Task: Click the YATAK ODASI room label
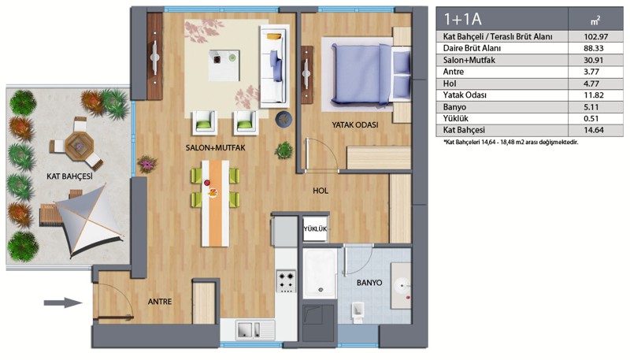pos(355,125)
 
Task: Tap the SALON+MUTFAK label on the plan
pos(215,148)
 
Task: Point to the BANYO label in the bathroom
pos(369,283)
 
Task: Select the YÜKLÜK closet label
pos(315,229)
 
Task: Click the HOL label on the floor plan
pos(321,191)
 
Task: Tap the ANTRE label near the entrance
pos(160,302)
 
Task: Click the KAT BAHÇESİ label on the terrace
pos(69,176)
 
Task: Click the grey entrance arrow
pos(64,302)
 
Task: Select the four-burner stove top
pos(287,281)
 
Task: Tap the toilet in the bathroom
pos(358,312)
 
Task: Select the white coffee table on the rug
pos(224,65)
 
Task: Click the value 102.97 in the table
pos(596,36)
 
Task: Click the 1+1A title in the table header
pos(462,19)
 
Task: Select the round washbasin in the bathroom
pos(402,286)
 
